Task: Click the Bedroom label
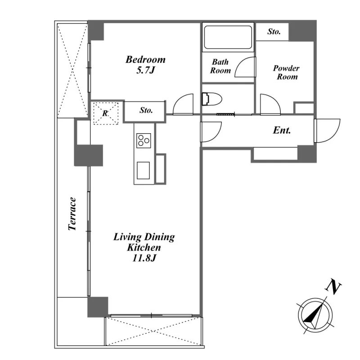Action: click(x=145, y=60)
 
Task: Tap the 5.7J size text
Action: click(x=146, y=70)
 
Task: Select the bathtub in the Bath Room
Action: click(x=228, y=37)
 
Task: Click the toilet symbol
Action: click(x=211, y=99)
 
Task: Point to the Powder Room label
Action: click(x=287, y=72)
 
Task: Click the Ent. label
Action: click(x=282, y=130)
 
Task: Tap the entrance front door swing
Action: click(x=327, y=130)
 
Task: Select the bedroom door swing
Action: click(x=183, y=104)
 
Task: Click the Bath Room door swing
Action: click(x=245, y=67)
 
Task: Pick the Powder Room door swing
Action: click(x=270, y=104)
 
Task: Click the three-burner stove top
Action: click(x=144, y=140)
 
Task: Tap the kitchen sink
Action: click(x=143, y=171)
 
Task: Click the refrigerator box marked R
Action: click(x=106, y=113)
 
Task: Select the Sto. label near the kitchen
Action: click(x=146, y=110)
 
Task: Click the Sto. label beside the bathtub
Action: click(x=274, y=31)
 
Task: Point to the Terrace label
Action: click(x=72, y=214)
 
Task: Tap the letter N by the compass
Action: click(x=333, y=286)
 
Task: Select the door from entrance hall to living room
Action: click(x=211, y=132)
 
